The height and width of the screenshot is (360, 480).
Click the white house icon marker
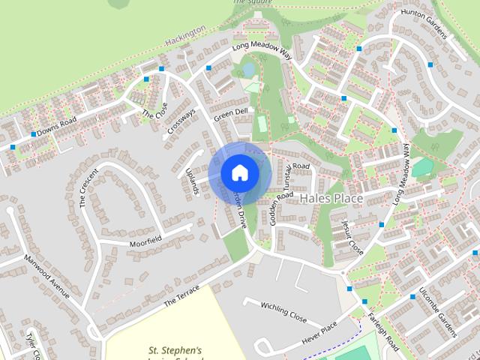(239, 173)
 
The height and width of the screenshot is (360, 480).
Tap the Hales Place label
(331, 199)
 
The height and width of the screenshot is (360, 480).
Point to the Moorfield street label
(145, 240)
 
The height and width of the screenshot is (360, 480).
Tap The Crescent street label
(88, 187)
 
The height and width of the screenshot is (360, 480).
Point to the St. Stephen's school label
(175, 350)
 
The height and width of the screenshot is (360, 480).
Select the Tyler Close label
(34, 344)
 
